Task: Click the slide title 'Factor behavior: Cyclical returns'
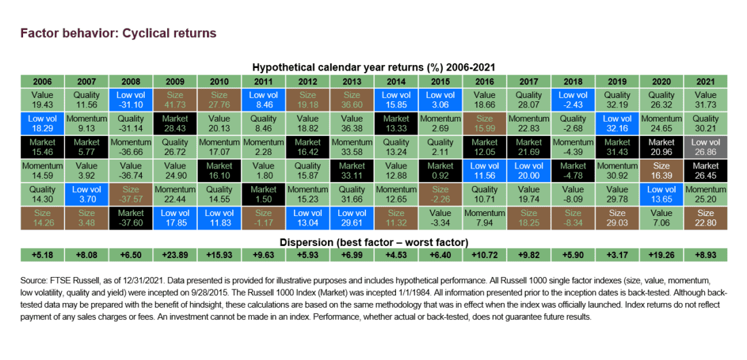pyautogui.click(x=118, y=33)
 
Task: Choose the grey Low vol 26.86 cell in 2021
pyautogui.click(x=706, y=146)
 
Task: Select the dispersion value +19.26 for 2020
pyautogui.click(x=661, y=255)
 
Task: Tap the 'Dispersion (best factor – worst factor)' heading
pyautogui.click(x=373, y=242)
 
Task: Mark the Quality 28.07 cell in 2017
pyautogui.click(x=528, y=100)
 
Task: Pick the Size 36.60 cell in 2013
pyautogui.click(x=352, y=100)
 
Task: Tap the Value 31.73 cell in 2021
pyautogui.click(x=706, y=100)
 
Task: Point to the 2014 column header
pyautogui.click(x=396, y=80)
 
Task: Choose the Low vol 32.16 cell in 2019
pyautogui.click(x=617, y=123)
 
